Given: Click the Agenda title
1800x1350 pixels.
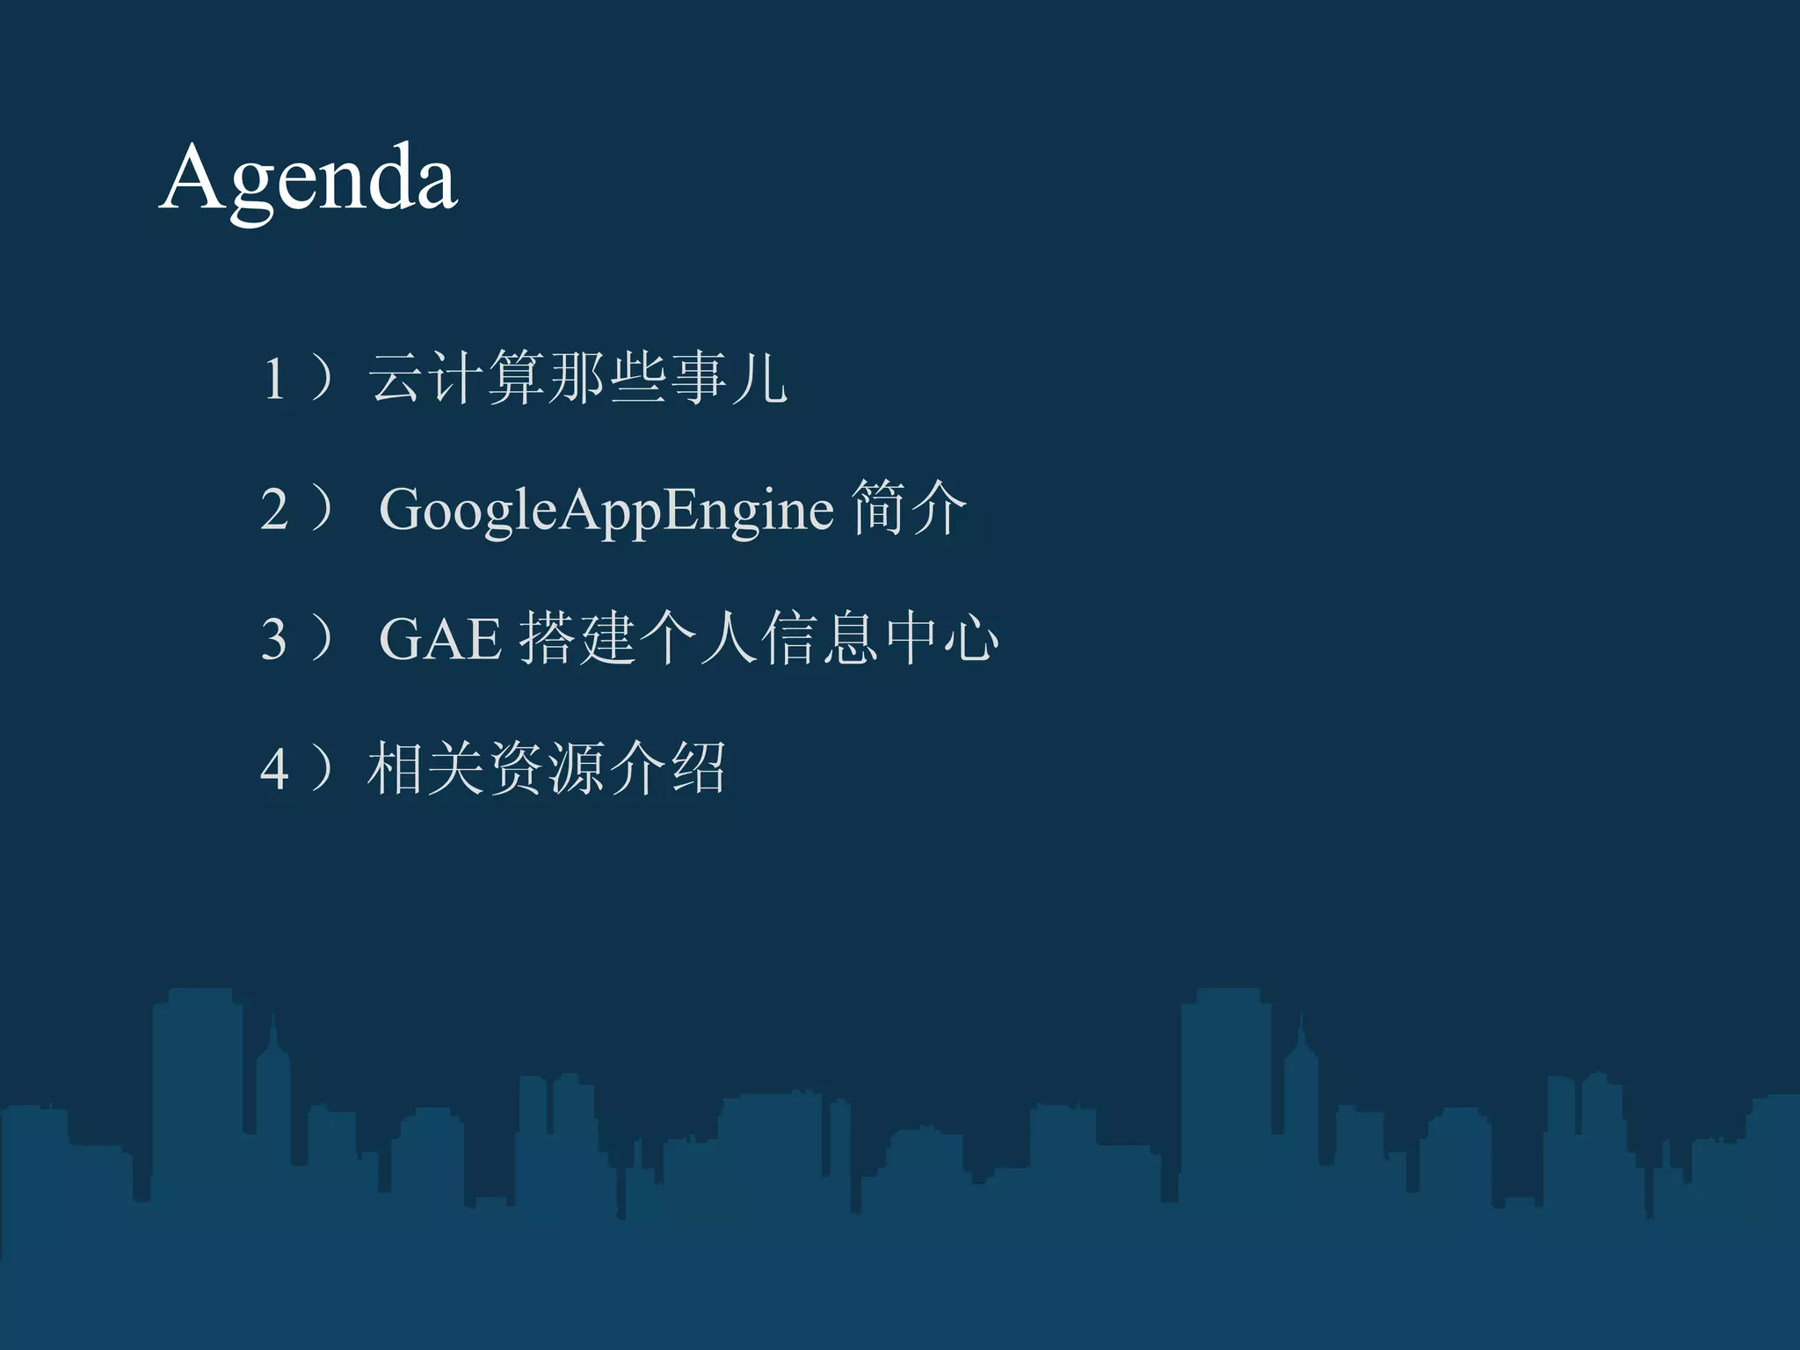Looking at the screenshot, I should coord(308,180).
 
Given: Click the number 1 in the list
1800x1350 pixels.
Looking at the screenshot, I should coord(274,379).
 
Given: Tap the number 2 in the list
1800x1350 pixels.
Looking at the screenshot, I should coord(274,510).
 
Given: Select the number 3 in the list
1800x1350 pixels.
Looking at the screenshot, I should coord(274,639).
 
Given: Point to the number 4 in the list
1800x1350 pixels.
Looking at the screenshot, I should coord(274,770).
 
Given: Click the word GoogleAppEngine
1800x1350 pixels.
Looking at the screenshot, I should coord(606,511).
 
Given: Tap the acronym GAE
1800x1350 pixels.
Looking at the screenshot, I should coord(439,639).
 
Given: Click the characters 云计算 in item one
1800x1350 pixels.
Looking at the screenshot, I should coord(457,379).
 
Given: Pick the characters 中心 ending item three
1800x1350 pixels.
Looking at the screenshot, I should coord(941,638).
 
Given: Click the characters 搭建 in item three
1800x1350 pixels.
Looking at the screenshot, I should coord(577,638).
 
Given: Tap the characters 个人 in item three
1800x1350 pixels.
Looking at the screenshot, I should coord(699,638).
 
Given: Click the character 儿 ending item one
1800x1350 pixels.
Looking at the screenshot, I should coord(759,379).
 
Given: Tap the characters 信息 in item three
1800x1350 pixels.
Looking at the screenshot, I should coord(820,638).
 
